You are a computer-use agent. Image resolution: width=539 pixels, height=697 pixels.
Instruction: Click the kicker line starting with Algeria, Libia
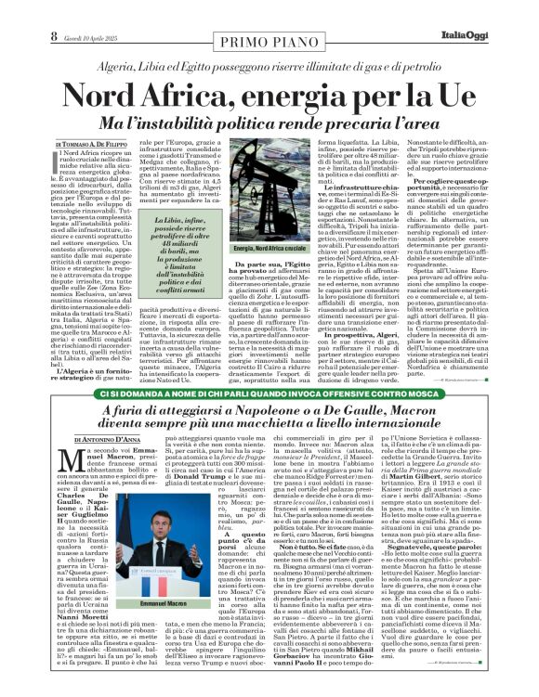tap(269, 67)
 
